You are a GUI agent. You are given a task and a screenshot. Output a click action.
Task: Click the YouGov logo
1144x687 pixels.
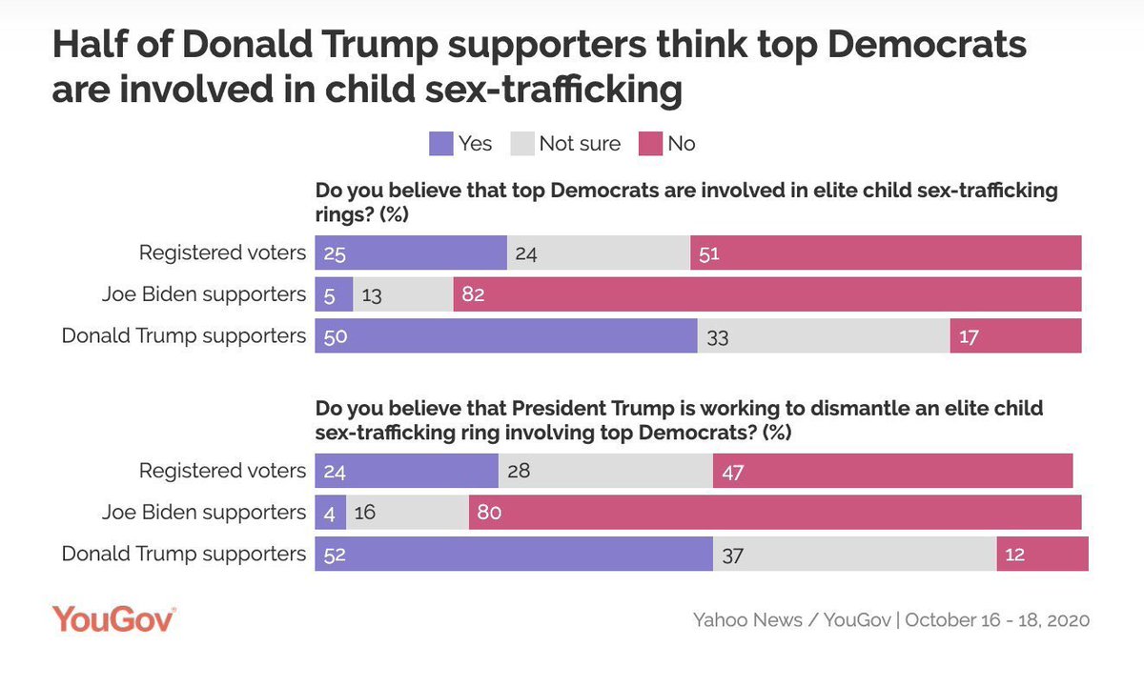(x=113, y=619)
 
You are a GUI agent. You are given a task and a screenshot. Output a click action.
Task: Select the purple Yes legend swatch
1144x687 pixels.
(x=441, y=144)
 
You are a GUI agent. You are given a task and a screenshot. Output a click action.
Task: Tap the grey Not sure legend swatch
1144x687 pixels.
(x=521, y=144)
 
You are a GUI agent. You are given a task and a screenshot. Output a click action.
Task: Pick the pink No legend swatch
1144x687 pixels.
(x=651, y=144)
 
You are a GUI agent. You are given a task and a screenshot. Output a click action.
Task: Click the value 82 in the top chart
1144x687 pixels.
(x=474, y=294)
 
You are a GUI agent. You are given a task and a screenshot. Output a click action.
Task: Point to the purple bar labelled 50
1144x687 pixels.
(x=506, y=336)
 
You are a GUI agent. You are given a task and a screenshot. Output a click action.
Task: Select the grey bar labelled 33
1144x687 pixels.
(x=824, y=336)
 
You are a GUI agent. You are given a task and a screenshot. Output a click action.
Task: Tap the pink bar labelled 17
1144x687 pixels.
(x=1015, y=336)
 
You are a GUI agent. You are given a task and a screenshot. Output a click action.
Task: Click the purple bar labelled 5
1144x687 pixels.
(x=334, y=294)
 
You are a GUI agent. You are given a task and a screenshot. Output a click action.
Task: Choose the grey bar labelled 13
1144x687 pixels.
(x=403, y=294)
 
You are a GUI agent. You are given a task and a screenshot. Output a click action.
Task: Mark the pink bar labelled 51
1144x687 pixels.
(x=886, y=253)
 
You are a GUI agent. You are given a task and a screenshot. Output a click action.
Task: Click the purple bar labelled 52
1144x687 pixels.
(x=514, y=554)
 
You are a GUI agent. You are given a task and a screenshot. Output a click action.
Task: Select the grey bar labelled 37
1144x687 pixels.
(x=854, y=554)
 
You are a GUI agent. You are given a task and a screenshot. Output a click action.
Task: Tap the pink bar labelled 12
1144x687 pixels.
(x=1042, y=554)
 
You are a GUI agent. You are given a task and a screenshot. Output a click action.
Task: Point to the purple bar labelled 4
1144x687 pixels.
(x=331, y=512)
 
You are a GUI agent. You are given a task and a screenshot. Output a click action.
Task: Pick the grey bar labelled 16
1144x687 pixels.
(x=407, y=512)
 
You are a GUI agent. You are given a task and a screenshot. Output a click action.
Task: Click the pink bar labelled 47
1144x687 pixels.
(x=892, y=471)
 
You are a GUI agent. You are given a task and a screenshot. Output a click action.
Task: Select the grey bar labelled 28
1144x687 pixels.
(x=605, y=471)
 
